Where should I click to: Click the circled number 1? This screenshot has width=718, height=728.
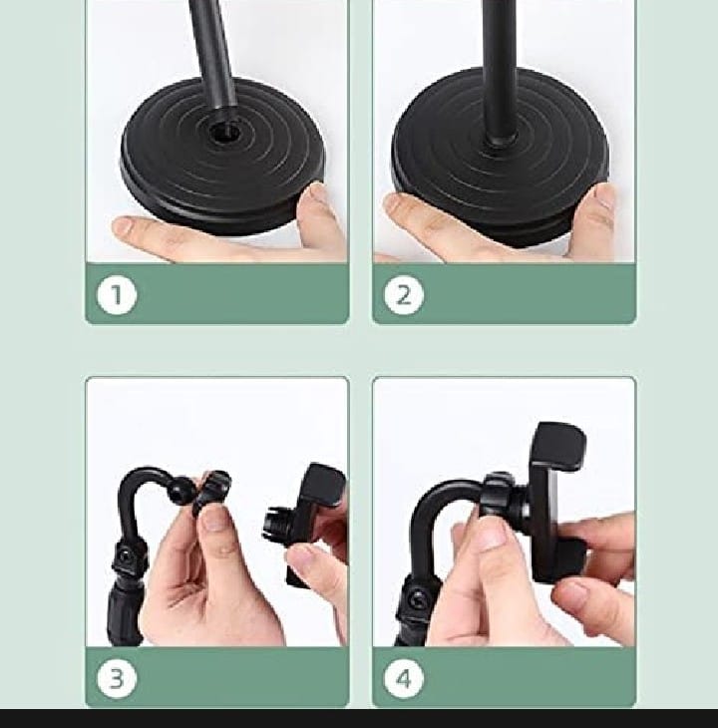(117, 295)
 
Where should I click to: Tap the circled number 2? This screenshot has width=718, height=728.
(404, 295)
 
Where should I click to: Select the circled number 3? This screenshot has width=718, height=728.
(117, 678)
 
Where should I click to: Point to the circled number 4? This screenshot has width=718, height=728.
(404, 678)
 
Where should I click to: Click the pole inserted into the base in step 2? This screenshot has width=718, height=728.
(500, 70)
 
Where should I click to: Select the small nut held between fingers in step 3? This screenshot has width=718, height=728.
(211, 493)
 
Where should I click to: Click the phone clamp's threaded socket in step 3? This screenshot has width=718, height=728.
(275, 523)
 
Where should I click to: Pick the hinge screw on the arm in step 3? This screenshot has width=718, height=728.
(125, 555)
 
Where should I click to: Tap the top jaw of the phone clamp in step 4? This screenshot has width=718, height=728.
(558, 446)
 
